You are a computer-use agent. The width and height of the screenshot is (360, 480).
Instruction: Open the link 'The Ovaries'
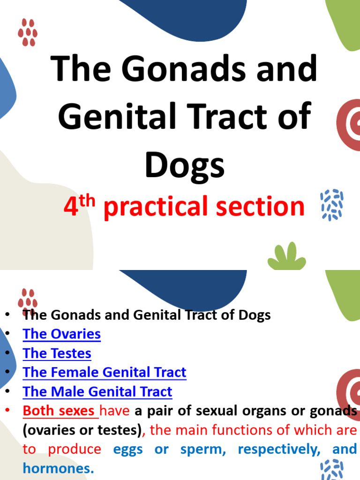point(62,334)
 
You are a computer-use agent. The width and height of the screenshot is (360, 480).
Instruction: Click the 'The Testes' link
point(57,353)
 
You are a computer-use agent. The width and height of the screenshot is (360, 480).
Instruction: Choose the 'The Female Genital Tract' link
point(105,373)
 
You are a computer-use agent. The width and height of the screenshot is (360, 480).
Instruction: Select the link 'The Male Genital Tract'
point(97,392)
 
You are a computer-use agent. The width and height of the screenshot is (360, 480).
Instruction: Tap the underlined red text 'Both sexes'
point(59,411)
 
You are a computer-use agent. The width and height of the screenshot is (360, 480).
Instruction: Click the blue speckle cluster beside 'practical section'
point(332,205)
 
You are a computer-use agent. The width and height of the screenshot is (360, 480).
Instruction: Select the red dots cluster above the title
point(28,32)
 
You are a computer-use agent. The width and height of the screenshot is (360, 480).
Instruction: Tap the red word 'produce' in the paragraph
point(75,449)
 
